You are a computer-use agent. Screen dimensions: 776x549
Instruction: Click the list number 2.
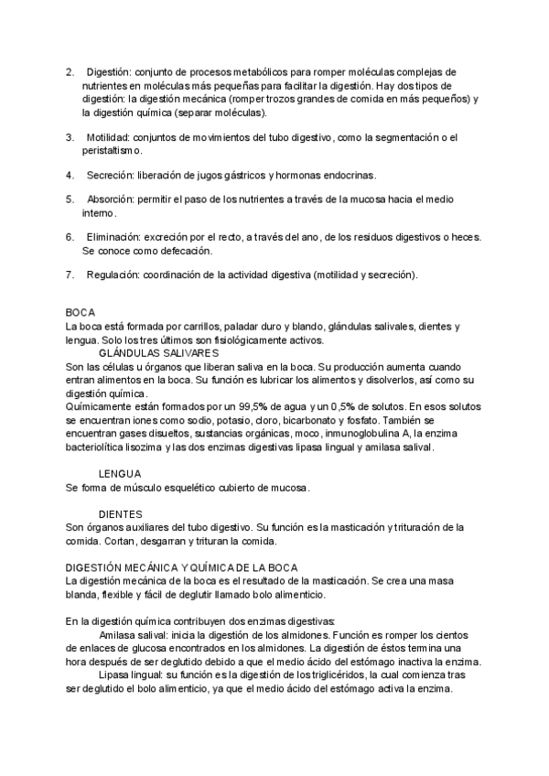click(70, 71)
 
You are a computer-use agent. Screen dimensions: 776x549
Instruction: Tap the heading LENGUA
click(119, 473)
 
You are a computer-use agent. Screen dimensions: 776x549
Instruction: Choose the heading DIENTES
click(120, 513)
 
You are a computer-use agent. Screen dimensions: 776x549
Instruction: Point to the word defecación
click(183, 250)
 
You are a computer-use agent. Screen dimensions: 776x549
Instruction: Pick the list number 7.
click(70, 275)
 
